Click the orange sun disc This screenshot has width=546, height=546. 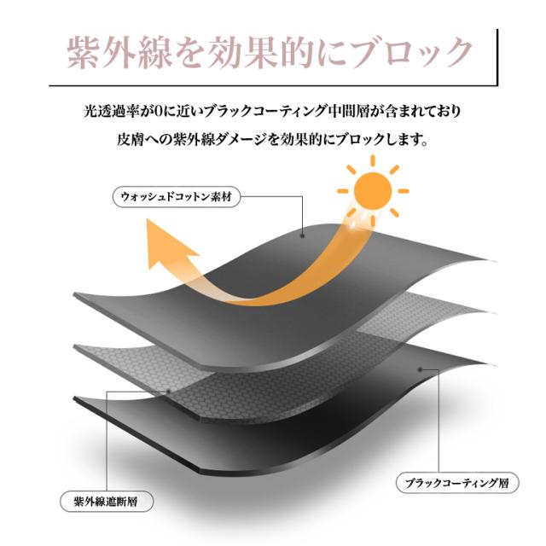tap(373, 191)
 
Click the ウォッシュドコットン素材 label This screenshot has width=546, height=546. tap(177, 197)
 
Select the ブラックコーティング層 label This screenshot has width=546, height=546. tap(457, 483)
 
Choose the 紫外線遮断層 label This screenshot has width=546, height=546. tap(106, 502)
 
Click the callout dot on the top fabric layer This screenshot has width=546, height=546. tap(302, 235)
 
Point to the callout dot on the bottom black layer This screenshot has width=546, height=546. tap(421, 369)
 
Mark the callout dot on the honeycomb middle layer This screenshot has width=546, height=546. tap(169, 392)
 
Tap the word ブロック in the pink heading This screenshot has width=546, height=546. tap(411, 53)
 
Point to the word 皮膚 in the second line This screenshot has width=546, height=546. tap(131, 140)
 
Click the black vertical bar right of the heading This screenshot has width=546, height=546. tap(497, 57)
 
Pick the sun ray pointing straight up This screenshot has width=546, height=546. tap(373, 160)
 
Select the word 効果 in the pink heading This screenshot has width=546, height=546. tap(244, 53)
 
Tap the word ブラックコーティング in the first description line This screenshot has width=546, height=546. tap(266, 112)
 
